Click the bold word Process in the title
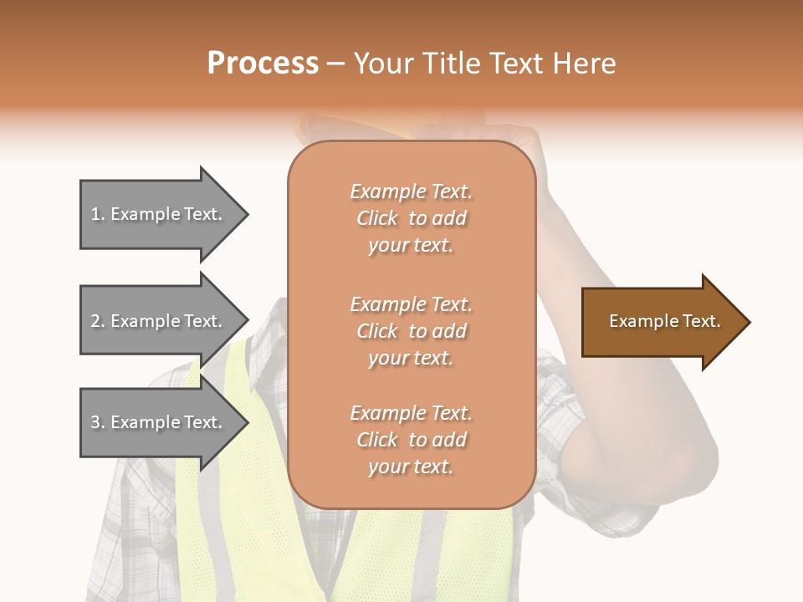(x=263, y=64)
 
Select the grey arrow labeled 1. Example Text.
(x=159, y=214)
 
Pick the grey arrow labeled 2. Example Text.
(x=159, y=321)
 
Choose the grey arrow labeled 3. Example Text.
(x=159, y=422)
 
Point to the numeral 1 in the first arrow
(x=95, y=214)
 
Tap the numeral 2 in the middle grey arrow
(x=95, y=321)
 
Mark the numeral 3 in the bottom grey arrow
(x=95, y=422)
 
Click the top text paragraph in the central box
(x=411, y=218)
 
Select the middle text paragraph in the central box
(x=411, y=331)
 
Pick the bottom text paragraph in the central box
(x=411, y=440)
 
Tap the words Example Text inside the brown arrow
(x=664, y=321)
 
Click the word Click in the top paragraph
(x=377, y=218)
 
